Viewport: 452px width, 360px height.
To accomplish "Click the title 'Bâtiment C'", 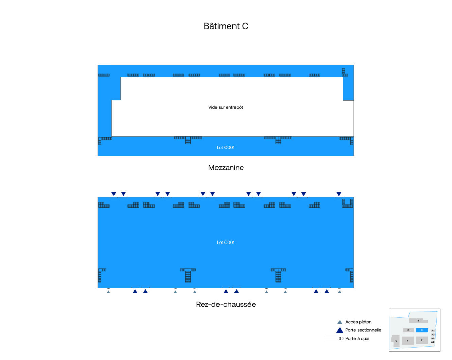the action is click(x=226, y=26).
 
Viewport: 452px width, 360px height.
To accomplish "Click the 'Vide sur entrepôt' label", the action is click(x=226, y=107).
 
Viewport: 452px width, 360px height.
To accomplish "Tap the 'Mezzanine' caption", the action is click(x=226, y=168).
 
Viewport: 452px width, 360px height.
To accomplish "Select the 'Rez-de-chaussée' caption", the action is click(x=226, y=304).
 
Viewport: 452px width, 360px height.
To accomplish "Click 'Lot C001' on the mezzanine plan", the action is click(x=226, y=148).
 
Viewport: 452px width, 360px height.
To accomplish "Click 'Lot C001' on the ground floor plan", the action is click(x=226, y=242).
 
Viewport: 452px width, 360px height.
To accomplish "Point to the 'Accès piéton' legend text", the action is click(x=358, y=322).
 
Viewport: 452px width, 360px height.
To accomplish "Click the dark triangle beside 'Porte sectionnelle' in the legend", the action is click(x=340, y=330).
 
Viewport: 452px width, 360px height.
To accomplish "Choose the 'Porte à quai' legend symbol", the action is click(x=334, y=338).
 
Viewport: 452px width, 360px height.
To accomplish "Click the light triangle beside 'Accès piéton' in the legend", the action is click(x=340, y=322).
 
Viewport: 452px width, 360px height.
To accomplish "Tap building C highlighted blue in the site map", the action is click(x=422, y=330).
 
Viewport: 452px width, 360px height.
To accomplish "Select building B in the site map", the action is click(x=418, y=321).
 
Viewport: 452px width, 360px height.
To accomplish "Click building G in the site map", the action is click(x=396, y=341).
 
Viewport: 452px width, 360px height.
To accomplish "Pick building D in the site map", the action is click(x=408, y=330).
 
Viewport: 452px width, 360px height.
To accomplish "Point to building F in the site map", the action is click(x=408, y=341).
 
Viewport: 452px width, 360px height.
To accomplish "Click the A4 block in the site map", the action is click(x=433, y=342).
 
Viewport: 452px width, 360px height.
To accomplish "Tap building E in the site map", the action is click(x=422, y=340).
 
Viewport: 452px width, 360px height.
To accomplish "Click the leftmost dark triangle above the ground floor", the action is click(x=114, y=194).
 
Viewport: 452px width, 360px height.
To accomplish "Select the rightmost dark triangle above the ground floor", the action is click(x=339, y=194).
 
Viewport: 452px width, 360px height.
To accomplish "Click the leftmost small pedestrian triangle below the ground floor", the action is click(x=108, y=292).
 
